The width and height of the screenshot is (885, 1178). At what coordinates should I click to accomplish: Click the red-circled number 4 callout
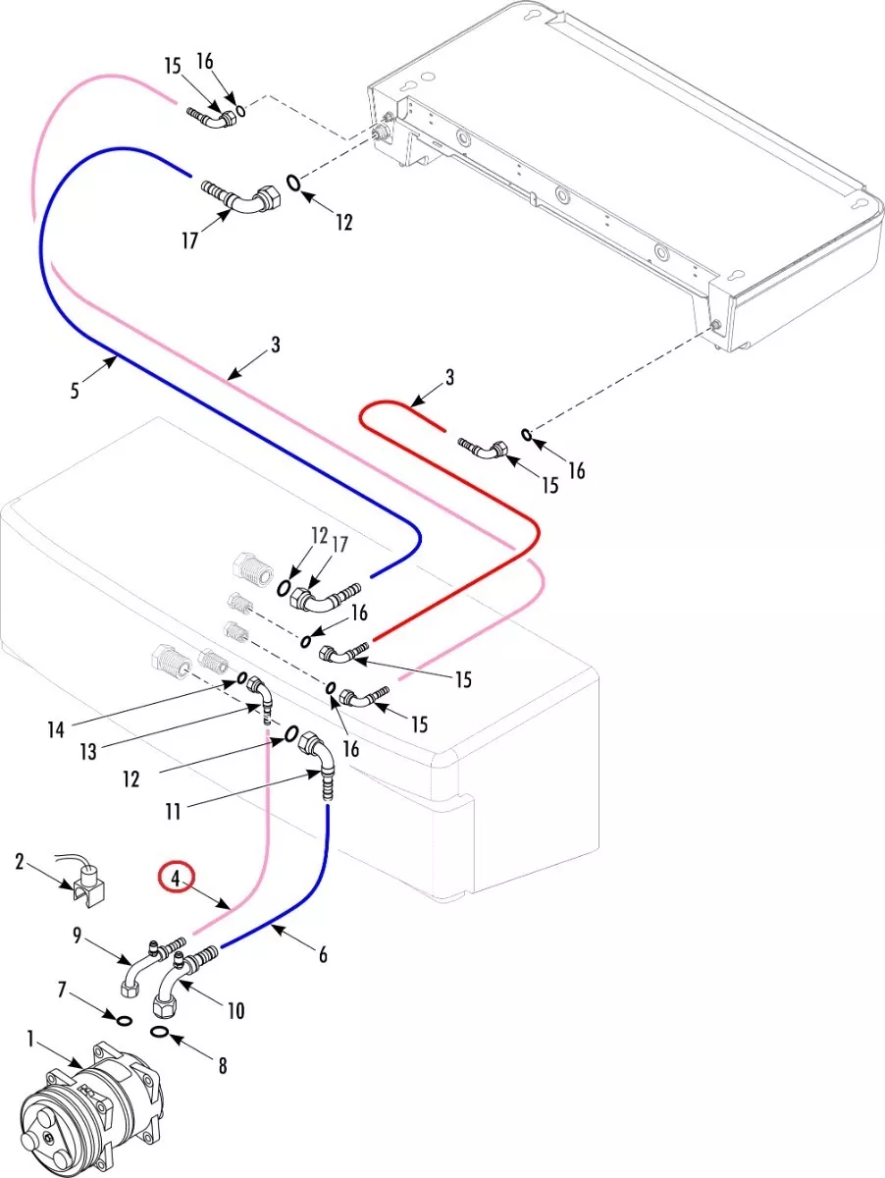(178, 878)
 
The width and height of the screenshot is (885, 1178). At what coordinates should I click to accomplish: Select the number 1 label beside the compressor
(30, 1038)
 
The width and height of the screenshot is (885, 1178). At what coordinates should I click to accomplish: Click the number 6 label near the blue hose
(322, 953)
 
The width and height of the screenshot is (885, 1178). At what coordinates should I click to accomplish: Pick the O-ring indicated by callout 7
(125, 1021)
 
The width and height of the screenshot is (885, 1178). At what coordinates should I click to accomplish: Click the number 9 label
(78, 936)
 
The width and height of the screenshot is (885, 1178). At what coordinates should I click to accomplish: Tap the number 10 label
(235, 1010)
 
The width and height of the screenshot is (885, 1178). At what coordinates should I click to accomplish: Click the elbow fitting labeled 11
(316, 757)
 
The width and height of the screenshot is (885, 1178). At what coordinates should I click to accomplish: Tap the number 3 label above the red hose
(449, 377)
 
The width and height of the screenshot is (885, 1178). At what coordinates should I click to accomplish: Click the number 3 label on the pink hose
(277, 345)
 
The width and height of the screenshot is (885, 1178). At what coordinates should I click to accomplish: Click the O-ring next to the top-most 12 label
(293, 181)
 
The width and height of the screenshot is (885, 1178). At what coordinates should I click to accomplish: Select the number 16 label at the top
(204, 61)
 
